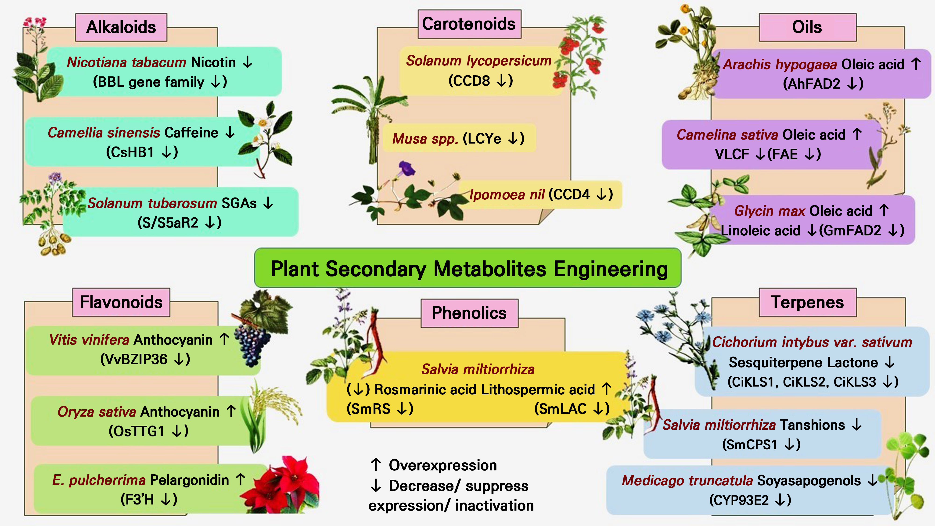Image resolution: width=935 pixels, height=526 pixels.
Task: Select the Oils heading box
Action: (807, 27)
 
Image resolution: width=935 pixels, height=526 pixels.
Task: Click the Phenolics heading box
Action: (469, 313)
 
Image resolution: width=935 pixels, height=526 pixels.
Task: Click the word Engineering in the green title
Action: (611, 269)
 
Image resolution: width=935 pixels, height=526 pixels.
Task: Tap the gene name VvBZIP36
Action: (133, 359)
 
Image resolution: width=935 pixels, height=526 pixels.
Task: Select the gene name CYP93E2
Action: (739, 500)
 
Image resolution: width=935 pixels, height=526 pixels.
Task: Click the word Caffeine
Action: (191, 133)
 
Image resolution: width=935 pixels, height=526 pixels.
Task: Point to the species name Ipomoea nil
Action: (507, 195)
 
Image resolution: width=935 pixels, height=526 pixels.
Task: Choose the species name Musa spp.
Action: (425, 139)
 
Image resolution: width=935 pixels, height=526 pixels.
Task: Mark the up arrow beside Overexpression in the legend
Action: (376, 465)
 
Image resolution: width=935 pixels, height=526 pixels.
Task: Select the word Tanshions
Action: (812, 425)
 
